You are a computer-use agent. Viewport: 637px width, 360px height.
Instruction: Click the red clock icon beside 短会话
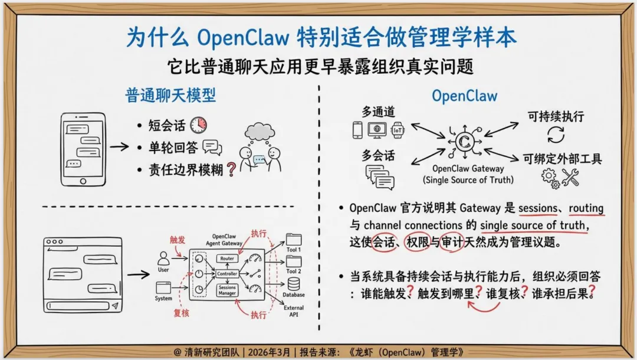(x=199, y=125)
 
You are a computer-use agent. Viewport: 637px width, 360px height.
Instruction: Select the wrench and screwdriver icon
(x=570, y=177)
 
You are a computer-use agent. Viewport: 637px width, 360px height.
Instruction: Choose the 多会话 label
(x=378, y=156)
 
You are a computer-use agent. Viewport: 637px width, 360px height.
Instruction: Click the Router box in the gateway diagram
(x=227, y=258)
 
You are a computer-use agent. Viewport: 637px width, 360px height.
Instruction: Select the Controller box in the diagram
(x=227, y=274)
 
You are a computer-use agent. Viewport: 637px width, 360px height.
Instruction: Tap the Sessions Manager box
(x=227, y=290)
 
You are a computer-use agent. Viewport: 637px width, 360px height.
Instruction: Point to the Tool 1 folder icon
(x=293, y=239)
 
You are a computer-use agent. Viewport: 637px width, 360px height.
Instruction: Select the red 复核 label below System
(x=181, y=313)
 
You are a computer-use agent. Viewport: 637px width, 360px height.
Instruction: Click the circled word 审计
(x=452, y=243)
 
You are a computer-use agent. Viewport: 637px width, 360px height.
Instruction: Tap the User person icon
(x=163, y=257)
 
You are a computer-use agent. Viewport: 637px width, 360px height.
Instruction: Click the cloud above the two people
(x=260, y=132)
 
